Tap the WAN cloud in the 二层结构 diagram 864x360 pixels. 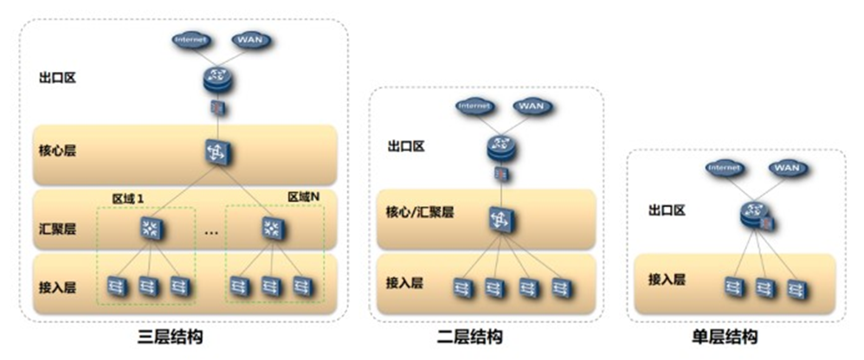click(x=529, y=106)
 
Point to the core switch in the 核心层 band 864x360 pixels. click(x=215, y=152)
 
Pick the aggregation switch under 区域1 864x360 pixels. click(x=150, y=229)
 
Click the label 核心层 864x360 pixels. click(x=57, y=151)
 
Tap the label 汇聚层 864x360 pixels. click(x=57, y=229)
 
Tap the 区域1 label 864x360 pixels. click(x=127, y=198)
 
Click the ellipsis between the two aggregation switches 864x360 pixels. click(x=210, y=232)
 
